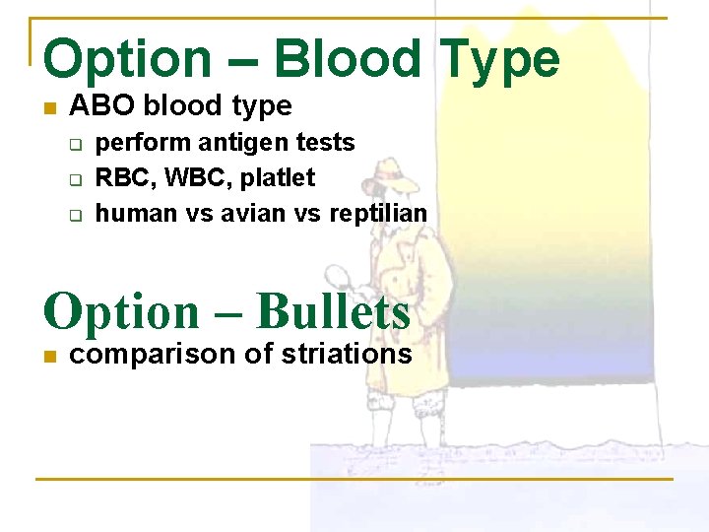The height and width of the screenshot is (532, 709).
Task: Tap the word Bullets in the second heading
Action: pyautogui.click(x=332, y=312)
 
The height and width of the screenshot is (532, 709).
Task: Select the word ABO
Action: pyautogui.click(x=96, y=105)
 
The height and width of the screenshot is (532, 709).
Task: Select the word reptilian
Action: pyautogui.click(x=377, y=214)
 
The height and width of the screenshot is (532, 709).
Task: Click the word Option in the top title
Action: pyautogui.click(x=127, y=58)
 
